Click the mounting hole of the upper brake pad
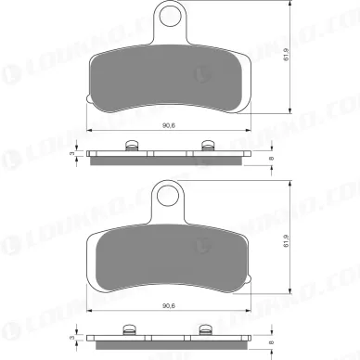tap(168, 16)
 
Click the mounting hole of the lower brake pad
tap(168, 194)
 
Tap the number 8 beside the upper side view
tap(270, 157)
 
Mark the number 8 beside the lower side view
tap(270, 334)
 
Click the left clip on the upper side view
tap(132, 146)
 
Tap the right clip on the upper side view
tap(204, 146)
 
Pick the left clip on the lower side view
tap(132, 324)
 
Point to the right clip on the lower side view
tap(204, 324)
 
